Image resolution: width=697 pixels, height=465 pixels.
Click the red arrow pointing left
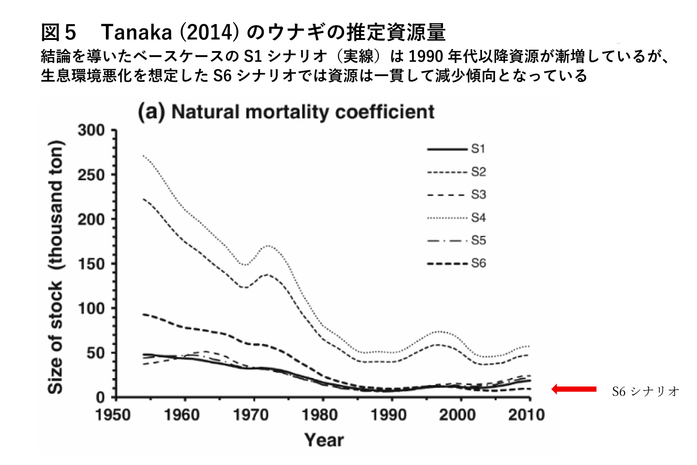(574, 389)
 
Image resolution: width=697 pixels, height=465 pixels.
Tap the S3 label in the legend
(478, 195)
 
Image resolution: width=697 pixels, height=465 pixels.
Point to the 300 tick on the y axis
(91, 131)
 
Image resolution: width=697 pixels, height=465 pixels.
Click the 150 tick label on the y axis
(91, 264)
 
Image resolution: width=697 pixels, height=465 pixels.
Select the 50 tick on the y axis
(97, 353)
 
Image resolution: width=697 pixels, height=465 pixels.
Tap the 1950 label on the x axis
(113, 414)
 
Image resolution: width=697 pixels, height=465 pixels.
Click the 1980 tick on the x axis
(320, 414)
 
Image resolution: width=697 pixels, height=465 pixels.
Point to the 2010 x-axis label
(526, 414)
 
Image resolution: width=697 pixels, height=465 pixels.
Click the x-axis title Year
(324, 439)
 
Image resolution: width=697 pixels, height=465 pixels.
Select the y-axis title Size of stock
(56, 267)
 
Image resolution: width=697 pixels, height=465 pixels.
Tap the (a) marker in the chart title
(151, 112)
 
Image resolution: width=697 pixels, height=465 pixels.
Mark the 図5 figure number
(58, 33)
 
